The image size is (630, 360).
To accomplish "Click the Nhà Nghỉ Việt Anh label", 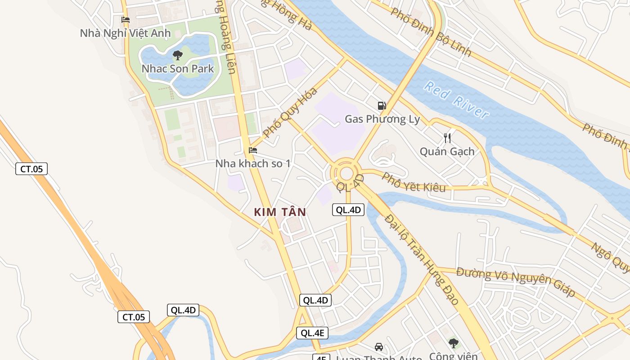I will [x=125, y=33].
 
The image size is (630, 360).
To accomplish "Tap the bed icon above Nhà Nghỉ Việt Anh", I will [x=126, y=20].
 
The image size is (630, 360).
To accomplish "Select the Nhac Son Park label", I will [x=178, y=69].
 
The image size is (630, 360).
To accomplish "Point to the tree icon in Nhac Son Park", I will [x=178, y=55].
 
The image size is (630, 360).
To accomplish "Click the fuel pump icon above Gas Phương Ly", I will [x=382, y=106].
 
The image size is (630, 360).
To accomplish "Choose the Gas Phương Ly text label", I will [x=382, y=119].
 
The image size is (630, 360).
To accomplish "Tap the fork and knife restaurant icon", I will [x=447, y=138].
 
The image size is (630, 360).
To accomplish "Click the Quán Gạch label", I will [x=447, y=152].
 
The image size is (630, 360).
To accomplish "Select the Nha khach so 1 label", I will [x=253, y=163].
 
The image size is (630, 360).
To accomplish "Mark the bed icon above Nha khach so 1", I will [x=253, y=150].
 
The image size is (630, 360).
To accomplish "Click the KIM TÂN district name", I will [x=280, y=212].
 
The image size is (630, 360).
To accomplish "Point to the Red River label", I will [x=456, y=100].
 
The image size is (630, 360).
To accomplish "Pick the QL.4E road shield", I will [x=312, y=333].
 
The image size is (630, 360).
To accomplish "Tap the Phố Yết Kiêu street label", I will [x=414, y=182].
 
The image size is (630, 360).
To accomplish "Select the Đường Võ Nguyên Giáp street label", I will [x=516, y=281].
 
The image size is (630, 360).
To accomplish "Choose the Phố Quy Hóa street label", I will [x=290, y=112].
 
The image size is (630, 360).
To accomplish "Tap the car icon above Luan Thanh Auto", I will [x=379, y=347].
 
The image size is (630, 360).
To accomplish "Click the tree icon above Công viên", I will [x=453, y=343].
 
